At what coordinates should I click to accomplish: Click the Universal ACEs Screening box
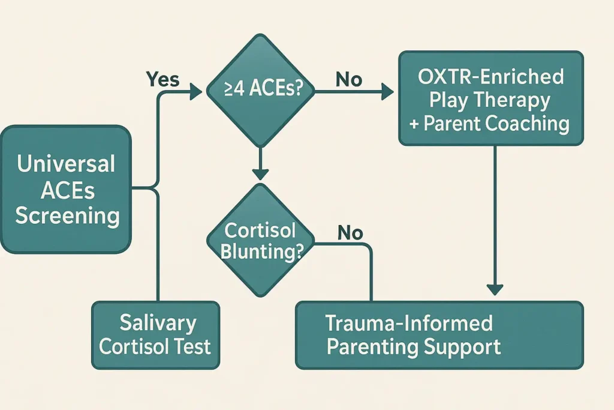click(x=66, y=189)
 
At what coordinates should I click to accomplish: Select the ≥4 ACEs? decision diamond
click(x=260, y=91)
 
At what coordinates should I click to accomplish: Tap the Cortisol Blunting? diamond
click(x=260, y=240)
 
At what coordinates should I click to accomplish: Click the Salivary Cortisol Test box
click(x=155, y=335)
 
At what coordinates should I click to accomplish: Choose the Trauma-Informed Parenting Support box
click(x=440, y=335)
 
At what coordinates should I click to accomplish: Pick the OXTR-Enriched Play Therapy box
click(x=491, y=98)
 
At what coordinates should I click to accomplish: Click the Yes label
click(x=162, y=79)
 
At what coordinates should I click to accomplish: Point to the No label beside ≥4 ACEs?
click(x=349, y=80)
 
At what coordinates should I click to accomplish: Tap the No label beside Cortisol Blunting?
click(x=350, y=233)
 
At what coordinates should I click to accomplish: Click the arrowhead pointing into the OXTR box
click(x=387, y=92)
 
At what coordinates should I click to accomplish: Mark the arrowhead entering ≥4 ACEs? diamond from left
click(x=196, y=92)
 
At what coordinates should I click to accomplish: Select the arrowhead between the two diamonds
click(x=260, y=174)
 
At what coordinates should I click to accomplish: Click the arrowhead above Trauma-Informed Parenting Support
click(x=495, y=290)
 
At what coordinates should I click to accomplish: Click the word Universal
click(x=66, y=164)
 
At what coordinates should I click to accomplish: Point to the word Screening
click(x=67, y=216)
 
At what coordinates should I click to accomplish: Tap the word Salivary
click(x=158, y=323)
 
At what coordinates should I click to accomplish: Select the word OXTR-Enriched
click(x=491, y=76)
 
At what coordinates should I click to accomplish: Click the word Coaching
click(x=527, y=124)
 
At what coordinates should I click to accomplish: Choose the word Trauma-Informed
click(x=409, y=323)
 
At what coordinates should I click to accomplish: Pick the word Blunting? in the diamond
click(x=262, y=252)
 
